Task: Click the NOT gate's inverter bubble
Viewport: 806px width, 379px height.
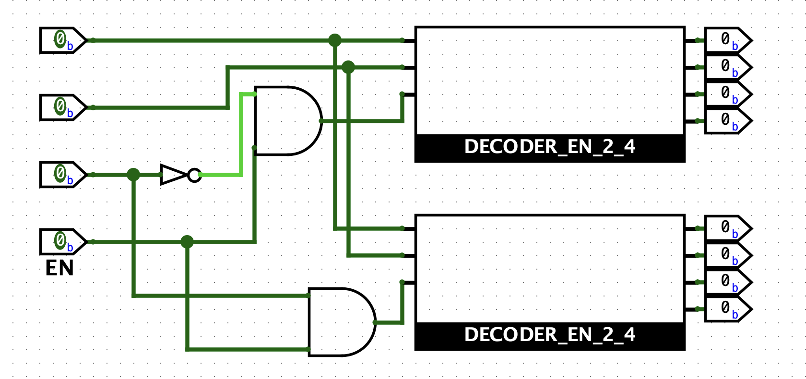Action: [194, 175]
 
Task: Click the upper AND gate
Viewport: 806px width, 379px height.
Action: [285, 121]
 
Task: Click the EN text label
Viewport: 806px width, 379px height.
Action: [59, 268]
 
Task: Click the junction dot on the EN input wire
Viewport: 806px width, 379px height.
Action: [187, 242]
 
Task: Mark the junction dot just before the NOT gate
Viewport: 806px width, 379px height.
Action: [133, 175]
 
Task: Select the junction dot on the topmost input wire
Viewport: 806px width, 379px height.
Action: [335, 40]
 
